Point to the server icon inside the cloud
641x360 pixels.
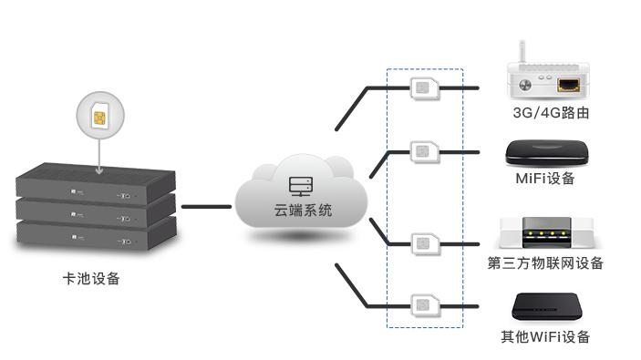(299, 187)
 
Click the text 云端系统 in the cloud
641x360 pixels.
(298, 211)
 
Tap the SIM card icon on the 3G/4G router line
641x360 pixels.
(424, 88)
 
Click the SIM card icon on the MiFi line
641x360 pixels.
(424, 150)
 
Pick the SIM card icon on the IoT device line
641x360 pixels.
(424, 243)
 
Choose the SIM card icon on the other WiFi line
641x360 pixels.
(424, 305)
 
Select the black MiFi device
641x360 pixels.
(545, 152)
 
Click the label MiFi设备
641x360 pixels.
(545, 179)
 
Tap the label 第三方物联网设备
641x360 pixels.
(545, 264)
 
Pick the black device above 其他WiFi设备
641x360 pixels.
(545, 308)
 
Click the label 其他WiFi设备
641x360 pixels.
(545, 337)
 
